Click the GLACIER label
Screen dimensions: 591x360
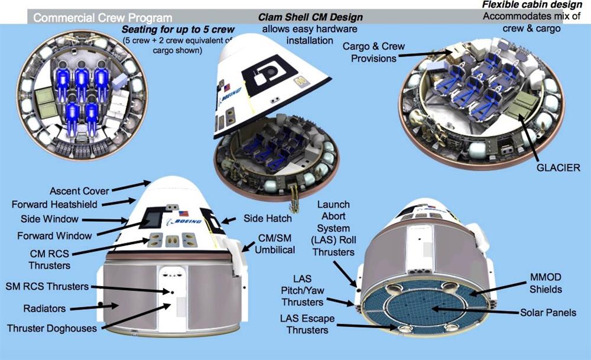click(558, 168)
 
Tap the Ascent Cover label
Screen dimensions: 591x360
click(79, 191)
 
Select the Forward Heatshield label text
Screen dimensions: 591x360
click(54, 205)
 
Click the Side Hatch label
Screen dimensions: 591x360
click(268, 218)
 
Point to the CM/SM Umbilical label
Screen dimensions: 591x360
click(275, 244)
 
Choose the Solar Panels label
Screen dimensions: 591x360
click(548, 313)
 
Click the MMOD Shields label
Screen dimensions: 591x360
click(545, 283)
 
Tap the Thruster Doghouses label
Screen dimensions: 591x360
click(51, 328)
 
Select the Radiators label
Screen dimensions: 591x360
click(44, 309)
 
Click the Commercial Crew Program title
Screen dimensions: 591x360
click(102, 18)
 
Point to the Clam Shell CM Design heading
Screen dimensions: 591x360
click(310, 17)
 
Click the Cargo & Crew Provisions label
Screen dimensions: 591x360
click(374, 53)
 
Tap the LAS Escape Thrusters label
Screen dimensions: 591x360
click(307, 324)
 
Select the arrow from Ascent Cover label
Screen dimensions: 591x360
click(131, 186)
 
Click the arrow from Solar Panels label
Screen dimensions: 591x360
click(475, 310)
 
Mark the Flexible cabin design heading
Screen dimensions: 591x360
click(532, 5)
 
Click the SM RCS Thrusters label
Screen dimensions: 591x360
click(47, 287)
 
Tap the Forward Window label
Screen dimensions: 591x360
click(54, 236)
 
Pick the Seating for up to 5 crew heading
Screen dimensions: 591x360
click(178, 30)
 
